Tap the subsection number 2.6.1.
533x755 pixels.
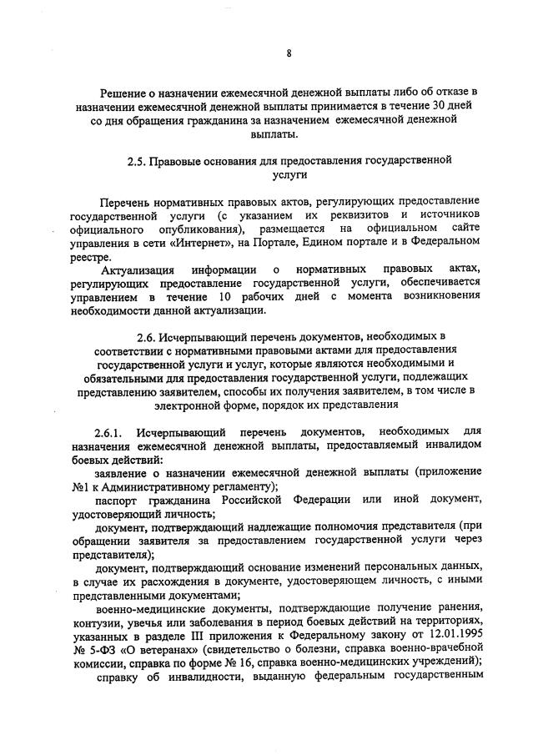click(109, 431)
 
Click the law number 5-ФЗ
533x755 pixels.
click(106, 659)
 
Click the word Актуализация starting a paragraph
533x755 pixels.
click(138, 269)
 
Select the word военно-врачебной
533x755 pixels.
click(436, 659)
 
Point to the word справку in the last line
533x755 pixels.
click(120, 692)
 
